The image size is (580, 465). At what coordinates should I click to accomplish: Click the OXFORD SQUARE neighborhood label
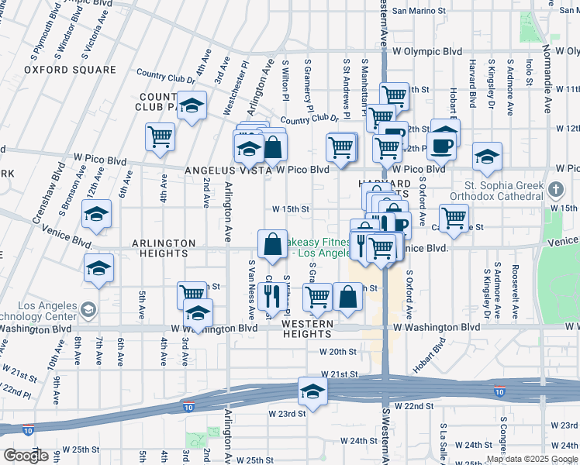[70, 70]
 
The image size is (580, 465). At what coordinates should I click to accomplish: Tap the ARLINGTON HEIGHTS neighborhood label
[163, 249]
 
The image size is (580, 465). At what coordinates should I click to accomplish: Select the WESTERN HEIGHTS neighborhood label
[306, 329]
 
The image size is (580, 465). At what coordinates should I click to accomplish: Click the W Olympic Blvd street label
[426, 51]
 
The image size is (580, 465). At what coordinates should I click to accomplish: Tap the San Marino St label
[423, 11]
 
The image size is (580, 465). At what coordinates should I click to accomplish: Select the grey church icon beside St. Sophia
[555, 189]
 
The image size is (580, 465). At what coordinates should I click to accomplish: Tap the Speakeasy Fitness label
[318, 247]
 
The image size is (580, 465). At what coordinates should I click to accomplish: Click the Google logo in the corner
[26, 456]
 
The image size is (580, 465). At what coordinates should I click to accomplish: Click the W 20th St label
[339, 351]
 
